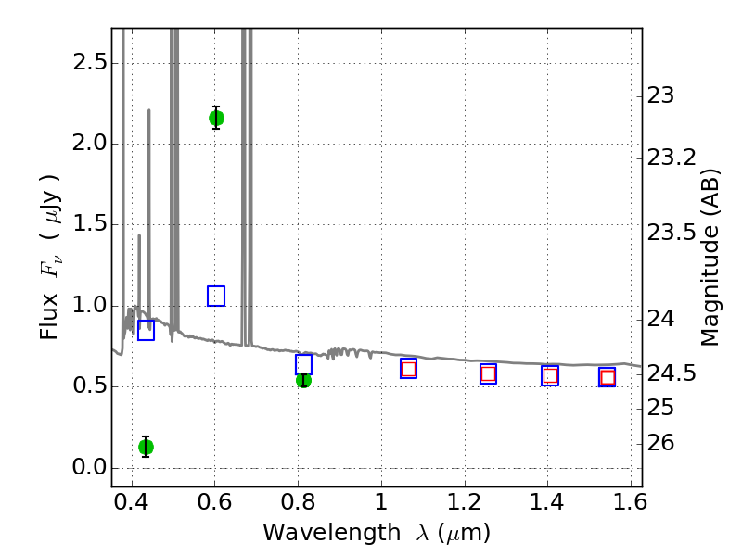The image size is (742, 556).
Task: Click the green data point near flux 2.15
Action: (216, 119)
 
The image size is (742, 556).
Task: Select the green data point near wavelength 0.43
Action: (146, 447)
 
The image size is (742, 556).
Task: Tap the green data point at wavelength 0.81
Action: (303, 380)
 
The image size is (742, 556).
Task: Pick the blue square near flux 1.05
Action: (216, 296)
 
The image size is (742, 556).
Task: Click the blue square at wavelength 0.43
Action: (146, 330)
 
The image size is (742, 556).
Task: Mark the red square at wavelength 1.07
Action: (408, 369)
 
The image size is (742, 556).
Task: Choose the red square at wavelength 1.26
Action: (488, 374)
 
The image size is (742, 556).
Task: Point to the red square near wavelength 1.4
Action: (550, 376)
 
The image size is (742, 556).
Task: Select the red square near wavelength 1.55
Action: (608, 377)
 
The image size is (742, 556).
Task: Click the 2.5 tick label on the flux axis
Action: (90, 62)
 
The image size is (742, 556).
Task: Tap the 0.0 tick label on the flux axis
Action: (90, 468)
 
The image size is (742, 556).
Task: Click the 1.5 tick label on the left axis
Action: (90, 224)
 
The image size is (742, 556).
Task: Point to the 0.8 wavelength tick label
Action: (298, 502)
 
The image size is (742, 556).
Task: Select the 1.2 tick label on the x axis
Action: (465, 502)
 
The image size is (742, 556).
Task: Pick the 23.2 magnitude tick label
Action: (672, 158)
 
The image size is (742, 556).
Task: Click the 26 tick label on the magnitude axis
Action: (660, 443)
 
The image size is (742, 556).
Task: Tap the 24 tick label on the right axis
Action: (660, 319)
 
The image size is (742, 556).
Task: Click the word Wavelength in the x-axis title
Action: (332, 533)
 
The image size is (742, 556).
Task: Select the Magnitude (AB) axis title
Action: (709, 258)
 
